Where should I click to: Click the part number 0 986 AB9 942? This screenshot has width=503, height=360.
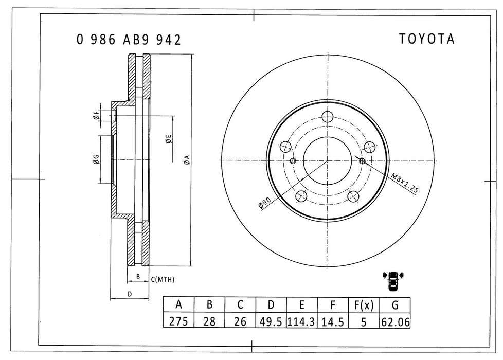pyautogui.click(x=129, y=40)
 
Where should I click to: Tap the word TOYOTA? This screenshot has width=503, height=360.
pyautogui.click(x=427, y=40)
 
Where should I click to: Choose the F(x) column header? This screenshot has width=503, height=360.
pyautogui.click(x=364, y=305)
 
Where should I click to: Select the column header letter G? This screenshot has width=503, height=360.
pyautogui.click(x=395, y=305)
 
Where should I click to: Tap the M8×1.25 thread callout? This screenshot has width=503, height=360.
pyautogui.click(x=404, y=183)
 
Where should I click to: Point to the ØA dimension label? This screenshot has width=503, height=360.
pyautogui.click(x=187, y=160)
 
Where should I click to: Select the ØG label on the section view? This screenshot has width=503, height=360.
pyautogui.click(x=96, y=159)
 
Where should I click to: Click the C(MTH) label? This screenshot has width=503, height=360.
pyautogui.click(x=163, y=279)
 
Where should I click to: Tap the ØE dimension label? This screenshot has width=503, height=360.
pyautogui.click(x=168, y=138)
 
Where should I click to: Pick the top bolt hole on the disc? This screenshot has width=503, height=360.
pyautogui.click(x=328, y=117)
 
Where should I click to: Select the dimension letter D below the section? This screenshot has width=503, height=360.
pyautogui.click(x=130, y=294)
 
